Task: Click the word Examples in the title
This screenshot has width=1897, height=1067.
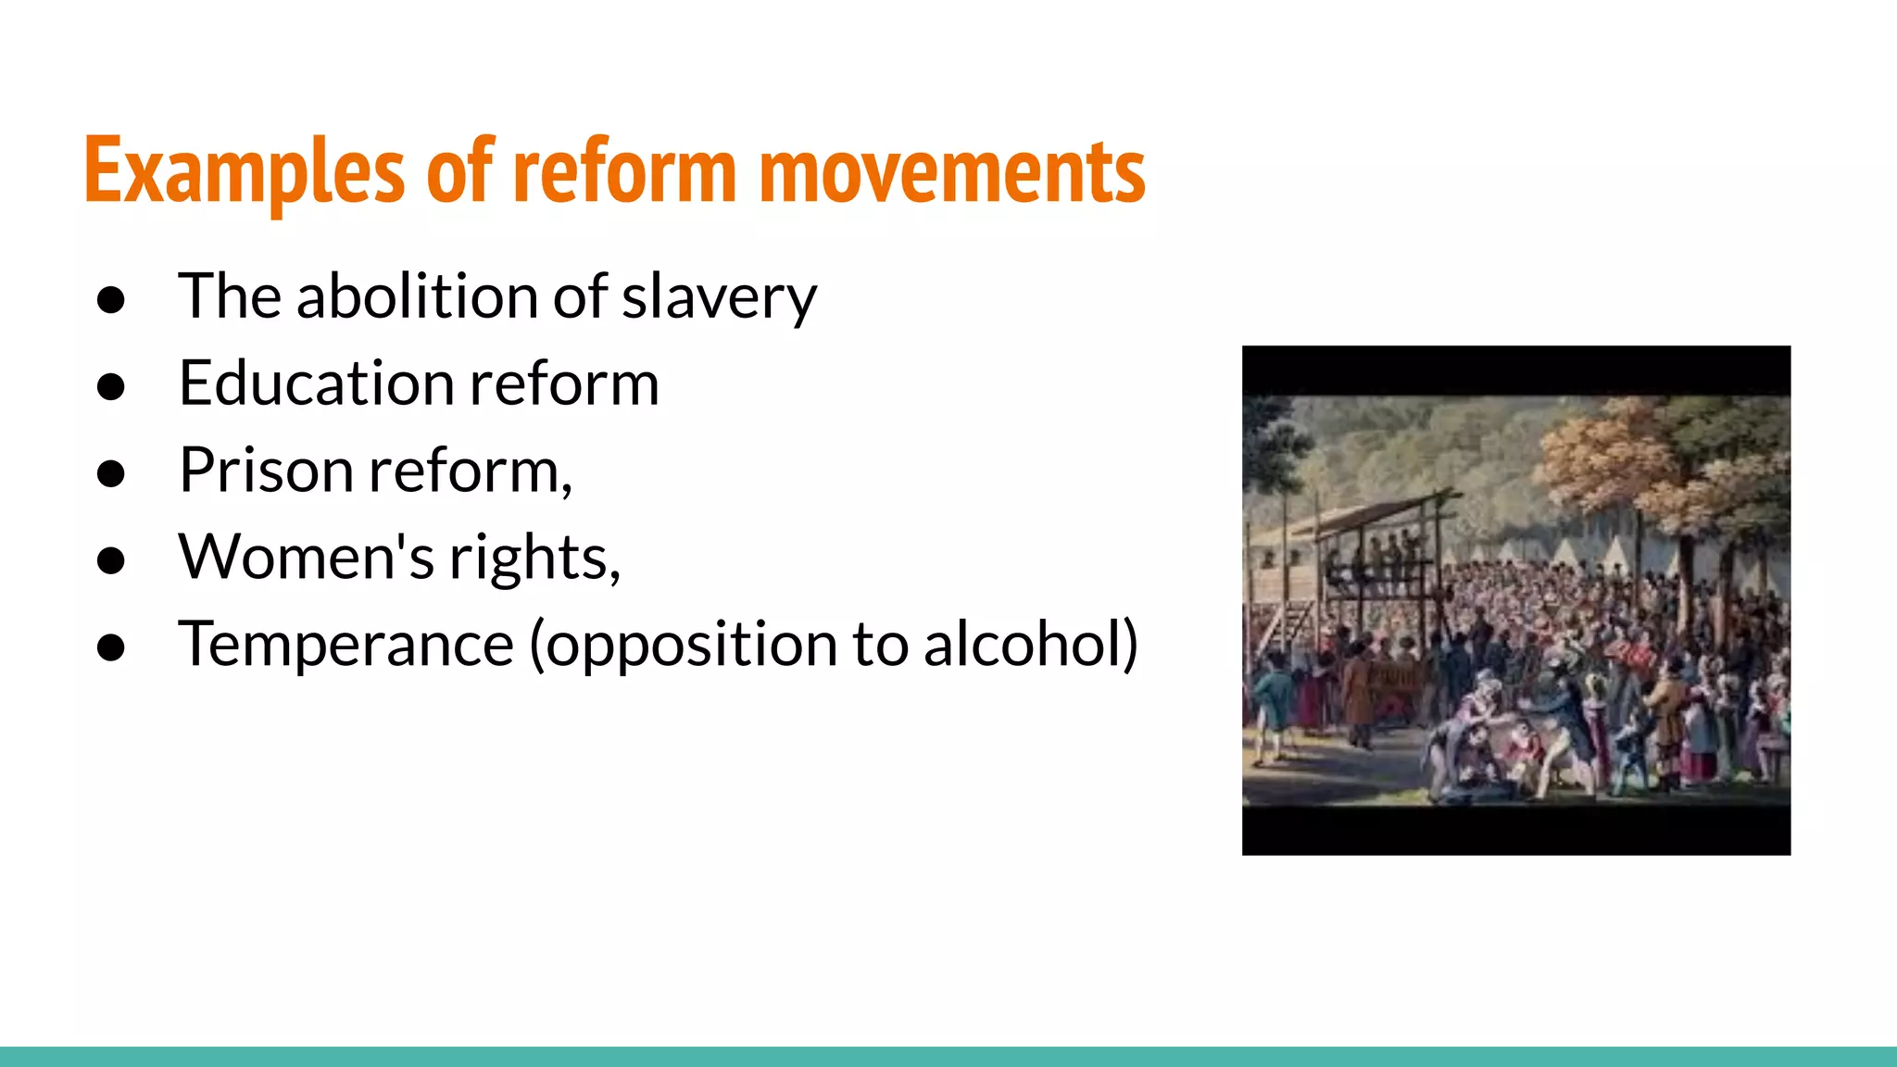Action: [245, 171]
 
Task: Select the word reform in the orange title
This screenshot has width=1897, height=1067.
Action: [624, 171]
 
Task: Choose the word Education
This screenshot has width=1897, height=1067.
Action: [316, 383]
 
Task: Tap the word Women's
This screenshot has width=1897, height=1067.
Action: [306, 558]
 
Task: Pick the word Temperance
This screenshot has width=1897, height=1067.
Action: [345, 645]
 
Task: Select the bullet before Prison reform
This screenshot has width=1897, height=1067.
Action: [111, 473]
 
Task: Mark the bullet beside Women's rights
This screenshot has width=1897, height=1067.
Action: [111, 560]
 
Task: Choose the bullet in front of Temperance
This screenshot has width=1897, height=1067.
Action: [111, 647]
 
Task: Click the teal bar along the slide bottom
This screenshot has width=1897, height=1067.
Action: [948, 1057]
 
